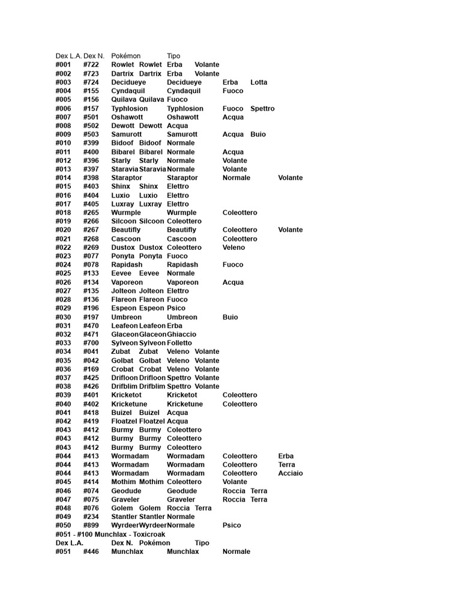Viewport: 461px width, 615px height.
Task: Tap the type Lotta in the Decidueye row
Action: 259,82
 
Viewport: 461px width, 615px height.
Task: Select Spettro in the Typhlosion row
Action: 262,109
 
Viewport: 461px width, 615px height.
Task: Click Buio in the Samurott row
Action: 258,135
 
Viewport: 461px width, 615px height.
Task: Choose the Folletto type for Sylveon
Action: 179,343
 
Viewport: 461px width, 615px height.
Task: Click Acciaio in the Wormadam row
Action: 291,473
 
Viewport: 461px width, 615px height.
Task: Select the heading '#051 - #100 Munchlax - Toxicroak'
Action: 110,534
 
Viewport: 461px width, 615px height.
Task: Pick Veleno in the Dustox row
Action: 234,247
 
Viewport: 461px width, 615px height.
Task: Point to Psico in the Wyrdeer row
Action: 232,526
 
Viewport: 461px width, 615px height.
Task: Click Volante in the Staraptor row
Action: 291,178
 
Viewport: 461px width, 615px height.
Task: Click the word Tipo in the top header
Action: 173,56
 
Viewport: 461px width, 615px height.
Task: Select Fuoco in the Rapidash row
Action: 233,265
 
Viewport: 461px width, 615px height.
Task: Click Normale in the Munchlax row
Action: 237,551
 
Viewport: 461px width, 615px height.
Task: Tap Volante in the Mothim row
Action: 235,482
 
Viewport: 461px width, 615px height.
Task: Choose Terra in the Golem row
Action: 203,508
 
